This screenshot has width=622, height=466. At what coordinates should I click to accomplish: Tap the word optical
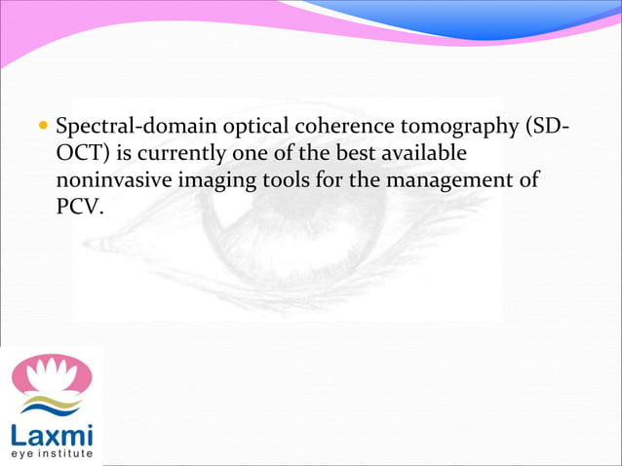[x=246, y=129]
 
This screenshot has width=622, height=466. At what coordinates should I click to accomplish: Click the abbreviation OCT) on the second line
[x=83, y=155]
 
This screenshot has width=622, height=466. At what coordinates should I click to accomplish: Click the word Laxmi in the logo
[x=53, y=434]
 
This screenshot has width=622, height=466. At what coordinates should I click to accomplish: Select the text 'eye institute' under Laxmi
[x=53, y=453]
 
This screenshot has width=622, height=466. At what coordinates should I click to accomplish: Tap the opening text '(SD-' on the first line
[x=549, y=129]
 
